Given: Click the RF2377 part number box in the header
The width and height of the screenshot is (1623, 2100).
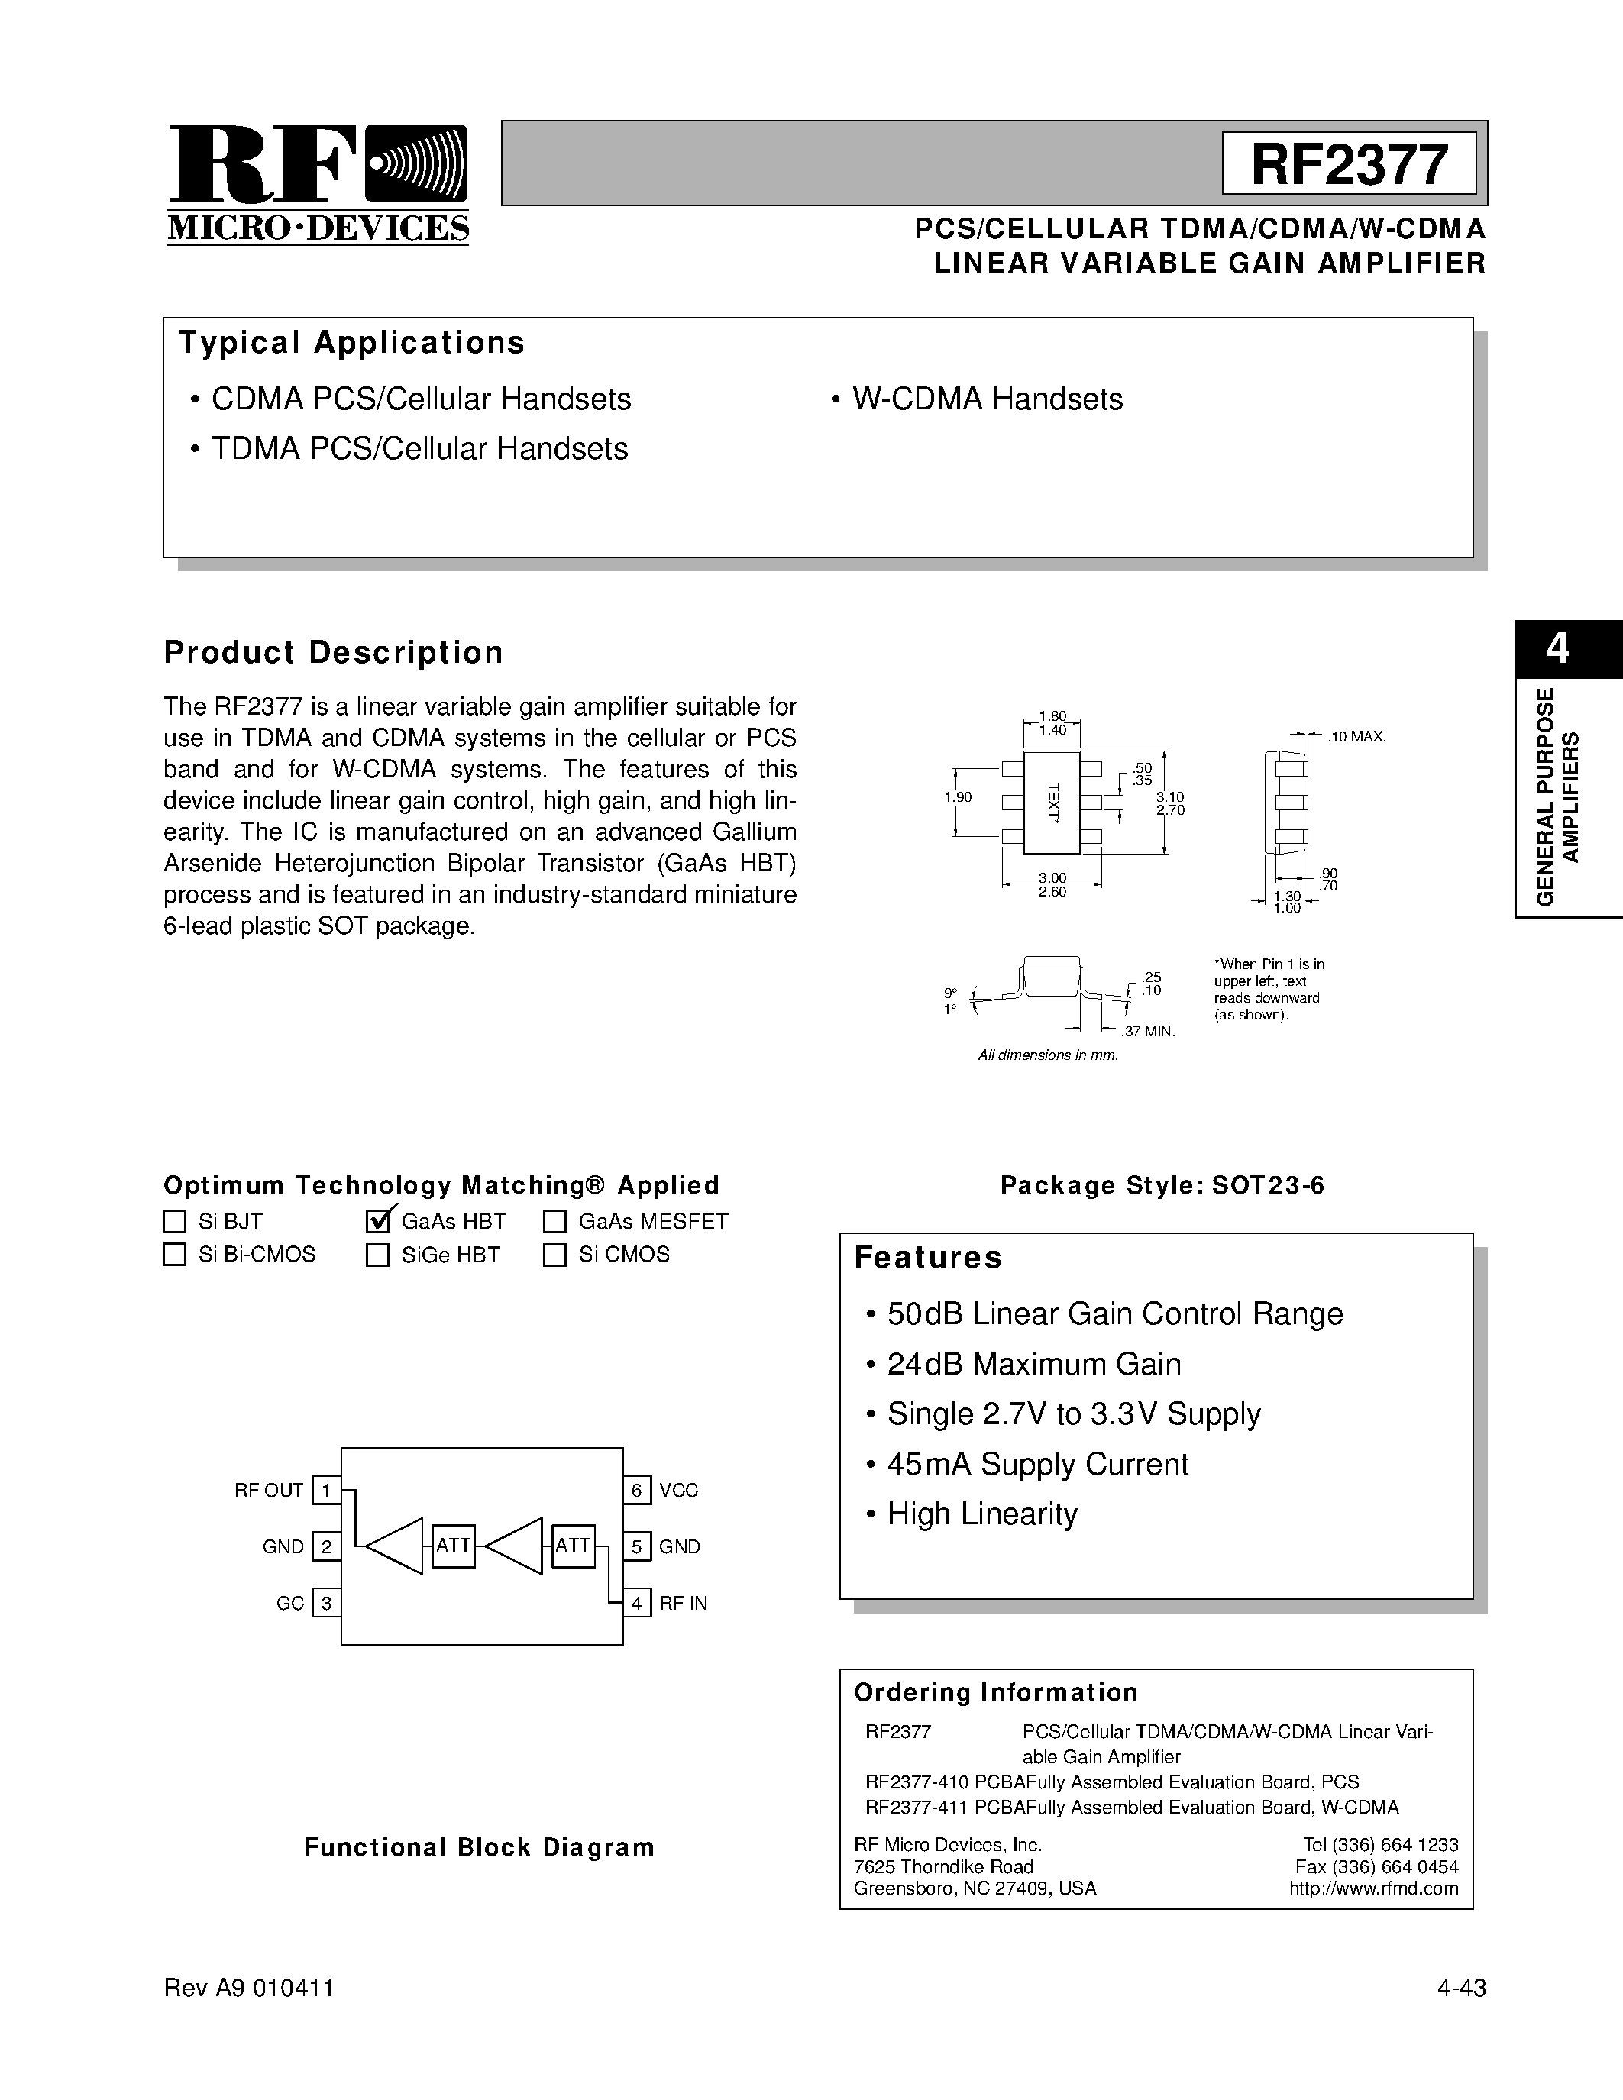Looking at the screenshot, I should tap(1348, 163).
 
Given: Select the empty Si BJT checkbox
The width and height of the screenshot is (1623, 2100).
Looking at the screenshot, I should tap(174, 1221).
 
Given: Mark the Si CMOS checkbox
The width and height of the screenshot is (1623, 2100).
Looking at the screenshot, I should tap(554, 1255).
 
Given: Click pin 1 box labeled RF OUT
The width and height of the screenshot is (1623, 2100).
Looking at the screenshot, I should tap(327, 1491).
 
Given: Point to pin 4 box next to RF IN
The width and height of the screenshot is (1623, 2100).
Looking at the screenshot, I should tap(636, 1603).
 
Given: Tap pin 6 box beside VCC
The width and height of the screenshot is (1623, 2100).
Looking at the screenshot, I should tap(636, 1491).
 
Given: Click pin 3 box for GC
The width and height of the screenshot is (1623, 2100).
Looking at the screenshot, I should tap(327, 1603).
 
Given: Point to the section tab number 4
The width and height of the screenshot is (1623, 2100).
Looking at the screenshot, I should tap(1557, 649).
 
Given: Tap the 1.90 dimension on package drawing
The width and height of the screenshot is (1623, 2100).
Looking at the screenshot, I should tap(958, 797).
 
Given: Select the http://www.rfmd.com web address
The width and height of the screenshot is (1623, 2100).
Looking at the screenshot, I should tap(1373, 1888).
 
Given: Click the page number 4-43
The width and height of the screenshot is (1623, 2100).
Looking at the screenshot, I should tap(1462, 1988).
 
